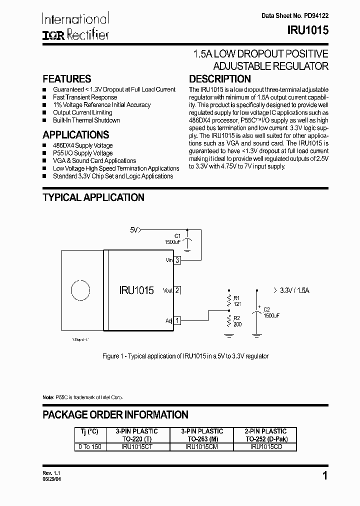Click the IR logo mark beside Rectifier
(x=51, y=35)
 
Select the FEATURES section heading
(x=66, y=79)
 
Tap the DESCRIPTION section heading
(x=219, y=79)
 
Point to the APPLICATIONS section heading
(x=75, y=135)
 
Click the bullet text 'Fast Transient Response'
(x=85, y=97)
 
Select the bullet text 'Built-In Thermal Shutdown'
(x=86, y=120)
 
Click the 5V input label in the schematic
(x=133, y=230)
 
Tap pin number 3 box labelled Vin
(x=177, y=260)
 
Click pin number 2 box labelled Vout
(x=177, y=290)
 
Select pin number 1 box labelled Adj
(x=177, y=320)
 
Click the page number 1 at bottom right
(x=325, y=476)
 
